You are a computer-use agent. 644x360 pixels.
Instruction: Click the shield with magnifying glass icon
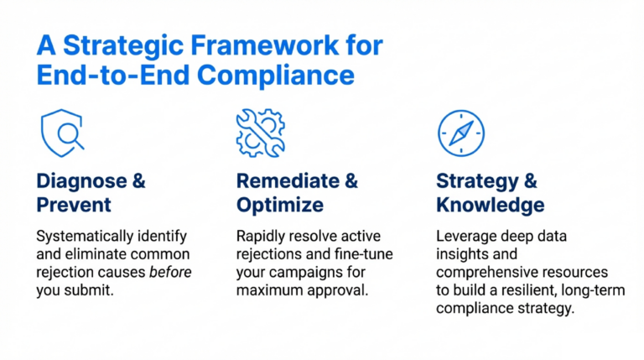62,133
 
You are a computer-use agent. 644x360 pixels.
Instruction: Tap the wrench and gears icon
260,133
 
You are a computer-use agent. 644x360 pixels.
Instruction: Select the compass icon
460,133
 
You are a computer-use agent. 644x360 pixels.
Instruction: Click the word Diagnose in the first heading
79,180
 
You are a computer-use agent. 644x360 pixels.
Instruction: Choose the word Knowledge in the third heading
491,206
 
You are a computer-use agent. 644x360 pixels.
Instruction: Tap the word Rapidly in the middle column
260,237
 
